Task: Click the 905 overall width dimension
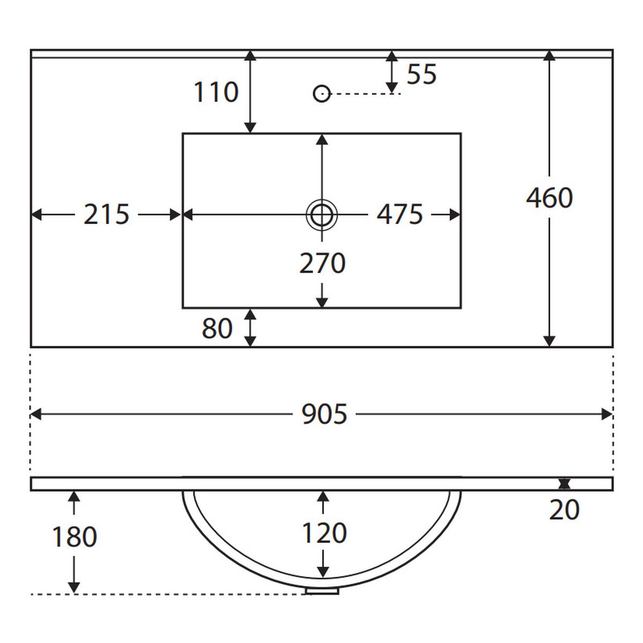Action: pyautogui.click(x=324, y=414)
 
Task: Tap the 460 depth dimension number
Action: pyautogui.click(x=549, y=198)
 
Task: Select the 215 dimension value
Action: pyautogui.click(x=106, y=214)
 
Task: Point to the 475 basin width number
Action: pyautogui.click(x=400, y=214)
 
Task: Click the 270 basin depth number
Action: pyautogui.click(x=323, y=263)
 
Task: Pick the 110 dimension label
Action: pyautogui.click(x=216, y=92)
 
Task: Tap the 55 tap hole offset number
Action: pyautogui.click(x=422, y=74)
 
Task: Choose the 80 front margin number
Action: pyautogui.click(x=217, y=328)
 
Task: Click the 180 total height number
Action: pyautogui.click(x=74, y=536)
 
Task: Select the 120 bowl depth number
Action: pyautogui.click(x=324, y=533)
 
